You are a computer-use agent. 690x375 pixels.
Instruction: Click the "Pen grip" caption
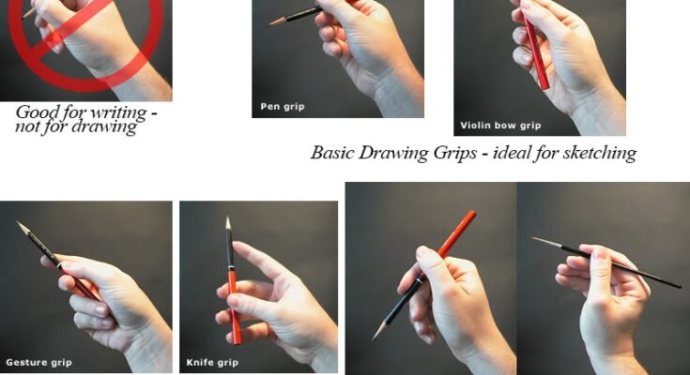click(282, 106)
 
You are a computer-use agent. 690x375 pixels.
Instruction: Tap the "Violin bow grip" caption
click(500, 126)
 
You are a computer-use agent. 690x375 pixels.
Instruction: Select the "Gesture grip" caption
click(38, 363)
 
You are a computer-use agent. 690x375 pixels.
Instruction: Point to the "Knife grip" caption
click(212, 363)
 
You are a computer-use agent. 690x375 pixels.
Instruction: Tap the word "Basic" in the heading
click(332, 153)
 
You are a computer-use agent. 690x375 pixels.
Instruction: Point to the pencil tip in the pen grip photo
click(268, 24)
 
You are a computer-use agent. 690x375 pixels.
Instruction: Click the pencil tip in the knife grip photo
click(228, 218)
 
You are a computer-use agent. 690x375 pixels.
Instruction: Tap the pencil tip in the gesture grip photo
click(19, 222)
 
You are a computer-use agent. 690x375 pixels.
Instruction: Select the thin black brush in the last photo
click(606, 262)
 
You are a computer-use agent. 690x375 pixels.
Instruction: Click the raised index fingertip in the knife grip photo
click(237, 245)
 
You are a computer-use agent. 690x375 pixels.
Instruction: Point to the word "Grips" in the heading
click(455, 154)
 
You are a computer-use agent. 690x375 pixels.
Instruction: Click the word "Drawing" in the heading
click(394, 154)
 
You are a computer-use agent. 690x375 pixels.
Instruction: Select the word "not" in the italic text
click(24, 127)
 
